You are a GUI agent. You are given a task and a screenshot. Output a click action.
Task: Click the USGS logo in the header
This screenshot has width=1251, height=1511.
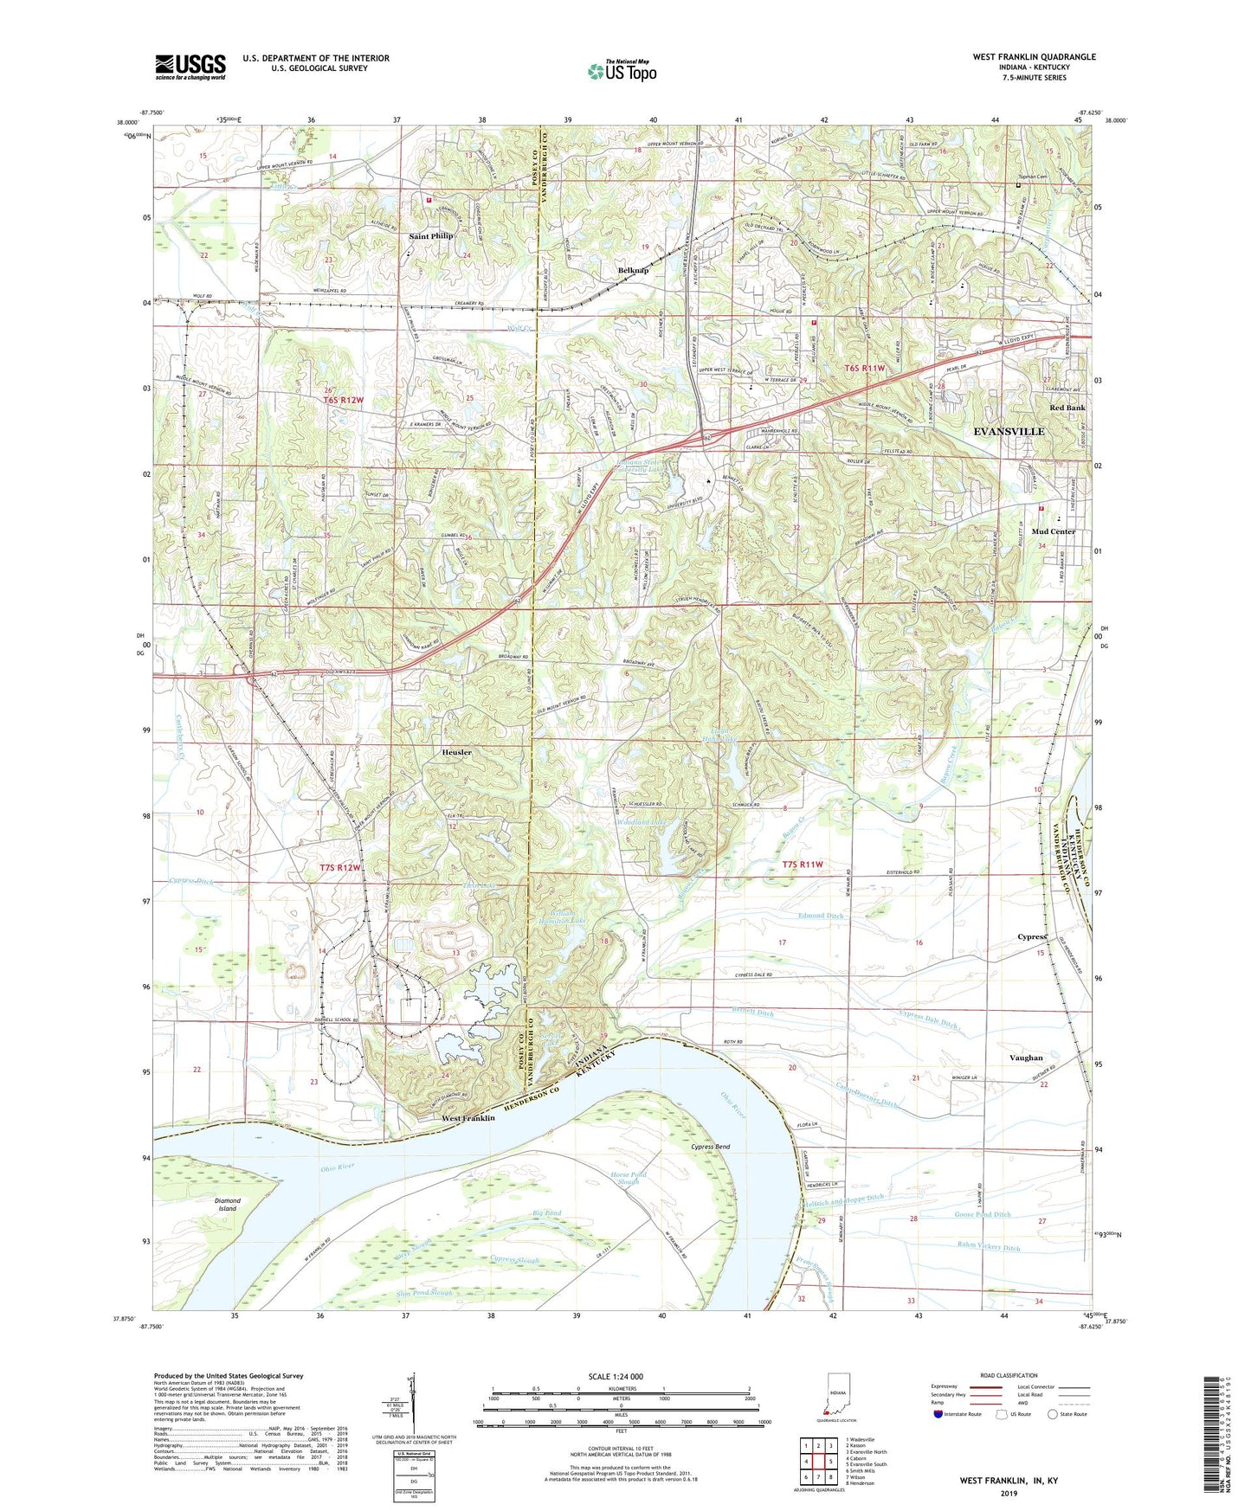click(x=190, y=66)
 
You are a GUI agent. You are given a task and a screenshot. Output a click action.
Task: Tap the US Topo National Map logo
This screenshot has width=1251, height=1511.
click(x=622, y=71)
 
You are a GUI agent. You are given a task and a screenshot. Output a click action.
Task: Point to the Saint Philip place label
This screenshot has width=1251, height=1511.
click(x=430, y=235)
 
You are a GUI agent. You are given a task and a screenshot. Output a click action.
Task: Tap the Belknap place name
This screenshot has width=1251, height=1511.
click(x=634, y=271)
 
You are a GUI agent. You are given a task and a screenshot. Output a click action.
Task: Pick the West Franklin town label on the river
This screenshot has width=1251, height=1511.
click(x=468, y=1118)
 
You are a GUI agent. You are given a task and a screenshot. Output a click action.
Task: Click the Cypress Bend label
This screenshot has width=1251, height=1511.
click(x=711, y=1147)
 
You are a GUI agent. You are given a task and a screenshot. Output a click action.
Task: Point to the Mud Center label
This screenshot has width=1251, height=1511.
click(x=1054, y=531)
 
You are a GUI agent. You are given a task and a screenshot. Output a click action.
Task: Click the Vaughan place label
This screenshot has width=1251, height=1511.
click(x=1026, y=1058)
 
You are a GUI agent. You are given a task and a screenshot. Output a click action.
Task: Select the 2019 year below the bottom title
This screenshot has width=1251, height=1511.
click(x=1009, y=1493)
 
